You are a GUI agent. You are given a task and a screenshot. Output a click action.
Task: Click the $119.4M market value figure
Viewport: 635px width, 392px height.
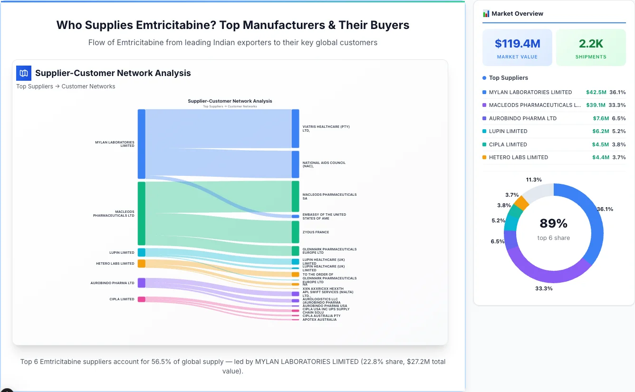(517, 44)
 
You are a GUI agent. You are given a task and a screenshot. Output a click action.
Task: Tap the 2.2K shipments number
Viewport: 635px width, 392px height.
(591, 44)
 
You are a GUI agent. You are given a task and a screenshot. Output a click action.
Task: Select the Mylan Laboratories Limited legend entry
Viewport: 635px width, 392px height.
(530, 92)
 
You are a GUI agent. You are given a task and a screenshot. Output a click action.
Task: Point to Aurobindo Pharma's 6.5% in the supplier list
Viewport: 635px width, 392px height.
(618, 118)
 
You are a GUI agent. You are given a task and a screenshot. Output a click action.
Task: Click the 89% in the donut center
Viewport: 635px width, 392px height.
(553, 223)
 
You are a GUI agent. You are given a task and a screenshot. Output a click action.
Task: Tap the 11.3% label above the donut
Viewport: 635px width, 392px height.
(534, 180)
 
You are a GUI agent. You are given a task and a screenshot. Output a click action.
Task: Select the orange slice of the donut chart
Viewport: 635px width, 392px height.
(522, 203)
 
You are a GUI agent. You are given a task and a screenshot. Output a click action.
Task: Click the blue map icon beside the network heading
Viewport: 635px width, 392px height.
(24, 73)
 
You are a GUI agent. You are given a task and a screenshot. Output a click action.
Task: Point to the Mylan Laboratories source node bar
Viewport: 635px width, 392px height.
(142, 143)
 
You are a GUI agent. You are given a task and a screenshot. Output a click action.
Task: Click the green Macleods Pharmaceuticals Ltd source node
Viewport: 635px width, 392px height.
(142, 213)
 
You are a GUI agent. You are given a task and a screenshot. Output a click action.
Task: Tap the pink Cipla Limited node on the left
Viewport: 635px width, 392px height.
(142, 299)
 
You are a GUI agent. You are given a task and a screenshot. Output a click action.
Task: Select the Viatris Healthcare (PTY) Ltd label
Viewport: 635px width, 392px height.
(326, 128)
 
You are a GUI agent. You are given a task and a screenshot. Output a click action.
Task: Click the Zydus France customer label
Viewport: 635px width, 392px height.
(316, 232)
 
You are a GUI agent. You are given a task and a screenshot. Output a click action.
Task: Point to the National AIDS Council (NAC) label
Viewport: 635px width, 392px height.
(324, 164)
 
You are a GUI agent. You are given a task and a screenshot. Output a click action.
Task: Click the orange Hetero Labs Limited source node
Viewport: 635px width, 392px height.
(142, 263)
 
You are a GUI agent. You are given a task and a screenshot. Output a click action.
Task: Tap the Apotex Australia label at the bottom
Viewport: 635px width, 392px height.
(319, 320)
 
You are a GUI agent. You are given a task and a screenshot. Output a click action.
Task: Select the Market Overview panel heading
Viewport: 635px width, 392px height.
(517, 14)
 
